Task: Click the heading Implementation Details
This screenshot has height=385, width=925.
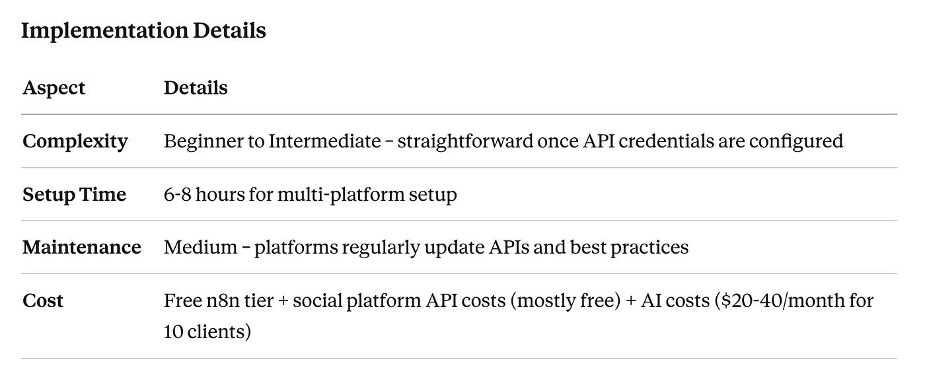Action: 144,31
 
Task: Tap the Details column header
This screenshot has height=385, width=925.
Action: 196,87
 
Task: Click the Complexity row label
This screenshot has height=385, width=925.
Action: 75,142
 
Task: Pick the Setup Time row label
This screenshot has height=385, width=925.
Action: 74,194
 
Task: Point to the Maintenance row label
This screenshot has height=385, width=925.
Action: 82,247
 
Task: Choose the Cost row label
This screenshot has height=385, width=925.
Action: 43,300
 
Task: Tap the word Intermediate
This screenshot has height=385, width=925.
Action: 324,141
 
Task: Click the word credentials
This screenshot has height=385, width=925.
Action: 666,141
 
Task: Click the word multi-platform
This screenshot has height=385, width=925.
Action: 341,195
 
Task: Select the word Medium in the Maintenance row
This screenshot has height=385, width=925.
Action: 201,247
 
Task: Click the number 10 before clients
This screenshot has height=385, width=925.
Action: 173,332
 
